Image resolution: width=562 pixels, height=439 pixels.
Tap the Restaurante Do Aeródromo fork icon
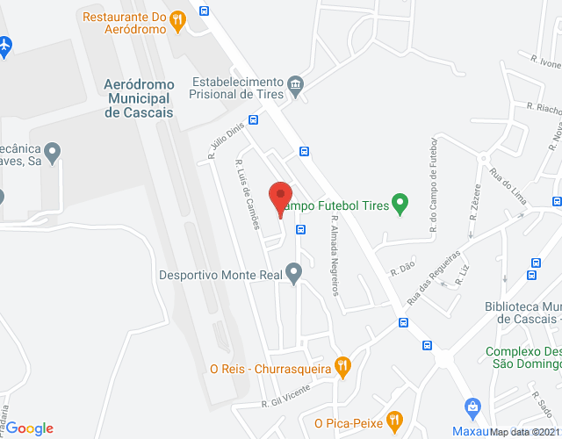pos(178,18)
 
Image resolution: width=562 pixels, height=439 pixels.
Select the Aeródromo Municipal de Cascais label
pos(139,97)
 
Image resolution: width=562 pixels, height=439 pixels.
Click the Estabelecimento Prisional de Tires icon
pos(295,84)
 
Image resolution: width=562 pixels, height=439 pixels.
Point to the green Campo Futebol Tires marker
pos(400,205)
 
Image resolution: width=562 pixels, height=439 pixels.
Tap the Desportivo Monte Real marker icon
pos(295,273)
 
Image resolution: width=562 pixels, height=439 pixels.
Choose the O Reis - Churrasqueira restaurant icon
pos(343,368)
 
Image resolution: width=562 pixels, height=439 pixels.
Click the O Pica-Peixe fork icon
pos(393,422)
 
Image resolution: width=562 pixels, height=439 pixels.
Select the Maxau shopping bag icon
pos(472,407)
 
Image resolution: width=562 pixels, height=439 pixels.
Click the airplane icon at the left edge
pos(5,44)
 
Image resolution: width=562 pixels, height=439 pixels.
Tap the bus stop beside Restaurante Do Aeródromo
pos(205,11)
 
